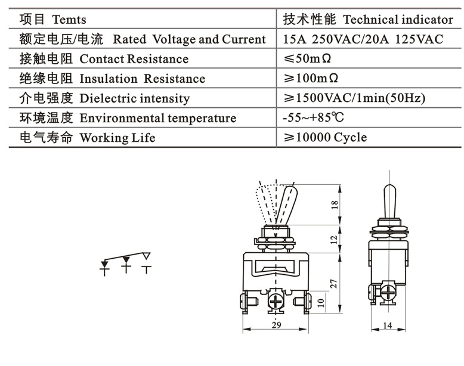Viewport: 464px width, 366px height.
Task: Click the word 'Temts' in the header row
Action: pos(69,20)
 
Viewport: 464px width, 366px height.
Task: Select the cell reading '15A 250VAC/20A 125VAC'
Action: pos(363,39)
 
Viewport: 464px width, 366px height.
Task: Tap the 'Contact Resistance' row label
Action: pos(134,59)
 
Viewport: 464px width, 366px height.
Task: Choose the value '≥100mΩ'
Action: pos(311,79)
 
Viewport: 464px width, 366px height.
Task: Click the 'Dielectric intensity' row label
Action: pos(134,98)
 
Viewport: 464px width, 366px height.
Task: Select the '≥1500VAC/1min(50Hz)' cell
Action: pos(355,98)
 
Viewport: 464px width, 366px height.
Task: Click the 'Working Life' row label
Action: pos(117,138)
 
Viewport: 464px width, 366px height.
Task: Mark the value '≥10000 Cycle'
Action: pos(325,138)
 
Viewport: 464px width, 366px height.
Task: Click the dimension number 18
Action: pos(335,204)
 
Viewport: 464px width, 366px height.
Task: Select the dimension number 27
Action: pos(335,283)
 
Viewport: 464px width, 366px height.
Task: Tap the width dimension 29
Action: pos(276,325)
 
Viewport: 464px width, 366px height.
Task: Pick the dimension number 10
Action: pos(321,303)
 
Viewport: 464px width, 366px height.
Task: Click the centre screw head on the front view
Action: pos(277,300)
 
